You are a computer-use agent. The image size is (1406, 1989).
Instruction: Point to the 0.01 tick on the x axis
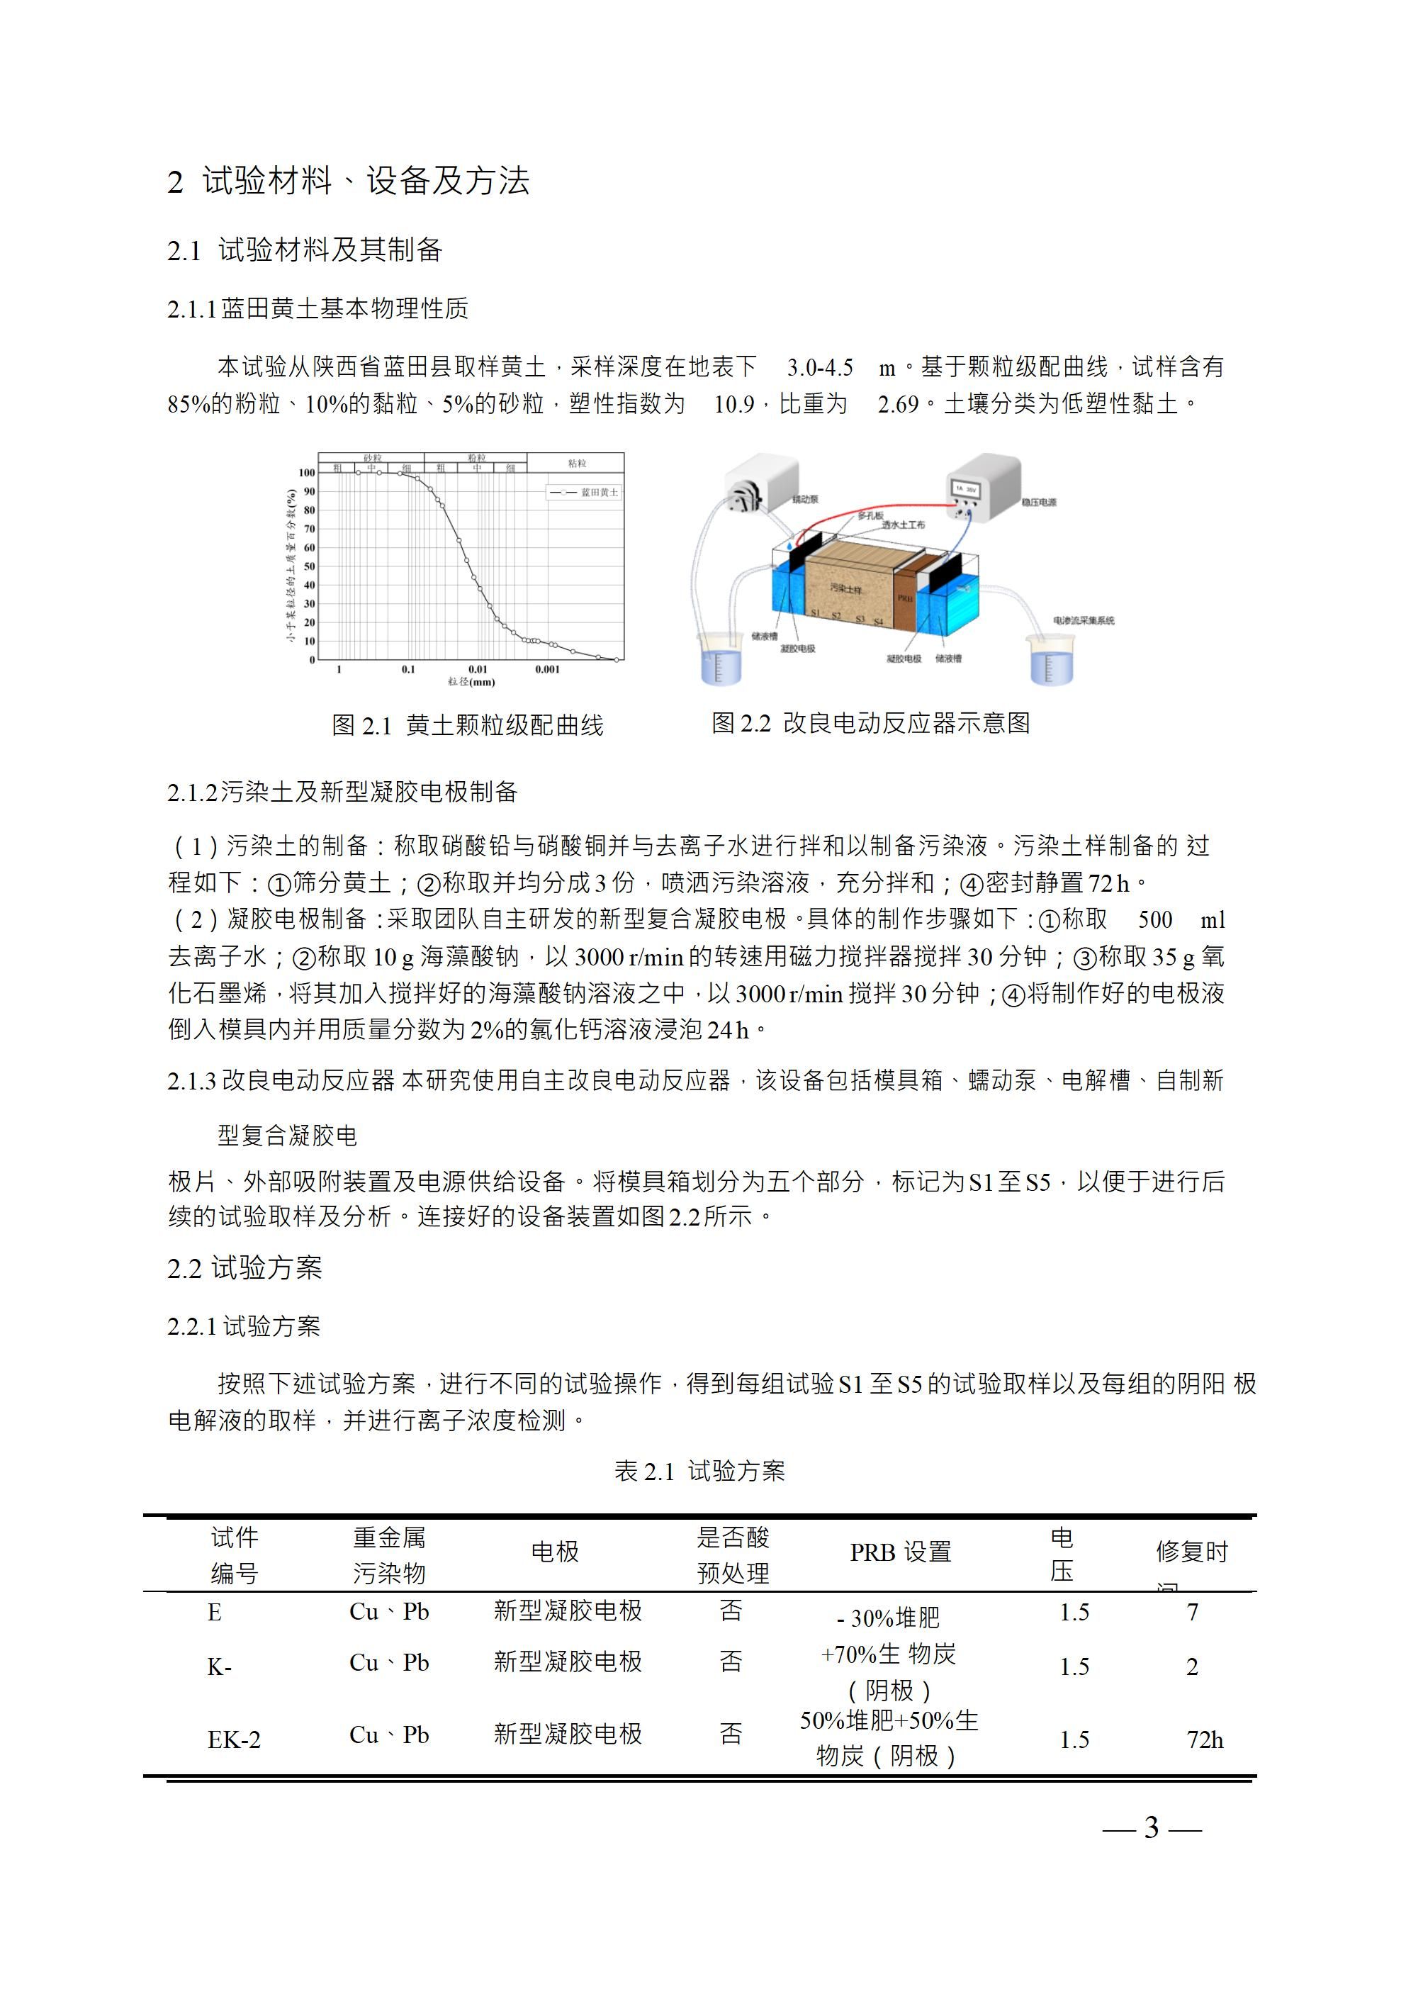(x=478, y=668)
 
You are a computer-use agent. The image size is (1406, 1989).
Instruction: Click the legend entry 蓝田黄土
(x=599, y=492)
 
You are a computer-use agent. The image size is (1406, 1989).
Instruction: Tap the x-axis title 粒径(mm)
(x=471, y=682)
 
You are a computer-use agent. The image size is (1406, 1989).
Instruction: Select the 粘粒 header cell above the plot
(x=576, y=463)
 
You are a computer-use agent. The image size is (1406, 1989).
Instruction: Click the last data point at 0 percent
(x=617, y=659)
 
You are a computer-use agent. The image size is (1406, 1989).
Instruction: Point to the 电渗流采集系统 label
(x=1083, y=620)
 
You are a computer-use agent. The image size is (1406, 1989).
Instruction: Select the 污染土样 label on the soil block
(x=845, y=588)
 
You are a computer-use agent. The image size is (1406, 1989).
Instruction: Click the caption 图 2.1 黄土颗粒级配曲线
(x=468, y=725)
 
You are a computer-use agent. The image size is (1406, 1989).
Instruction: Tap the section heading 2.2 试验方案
(x=244, y=1268)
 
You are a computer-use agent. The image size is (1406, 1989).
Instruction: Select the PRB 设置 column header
(x=900, y=1552)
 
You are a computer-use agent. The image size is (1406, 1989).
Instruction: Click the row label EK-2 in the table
(x=234, y=1739)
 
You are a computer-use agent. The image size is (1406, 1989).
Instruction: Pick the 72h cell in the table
(x=1204, y=1739)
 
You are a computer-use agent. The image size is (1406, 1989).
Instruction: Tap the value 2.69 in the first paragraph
(x=897, y=404)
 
